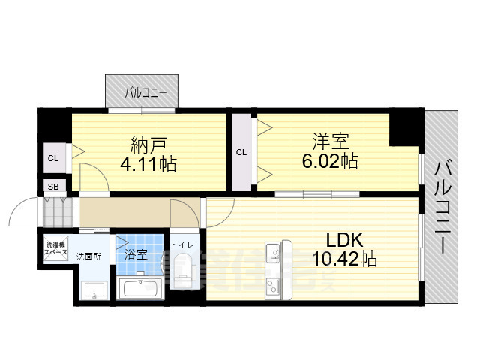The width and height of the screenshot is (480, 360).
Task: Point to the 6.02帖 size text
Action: (x=328, y=160)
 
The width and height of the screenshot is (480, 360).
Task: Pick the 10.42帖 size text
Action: (x=345, y=259)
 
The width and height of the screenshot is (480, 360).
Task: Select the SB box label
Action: (x=53, y=187)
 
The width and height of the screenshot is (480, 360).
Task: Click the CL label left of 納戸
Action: (x=53, y=158)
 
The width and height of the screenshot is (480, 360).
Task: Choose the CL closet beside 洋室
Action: (x=241, y=152)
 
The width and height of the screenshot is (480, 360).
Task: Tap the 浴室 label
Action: (x=136, y=254)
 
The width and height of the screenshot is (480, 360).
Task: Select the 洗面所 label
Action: (x=89, y=256)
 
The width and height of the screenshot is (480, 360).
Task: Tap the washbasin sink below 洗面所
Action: (x=94, y=289)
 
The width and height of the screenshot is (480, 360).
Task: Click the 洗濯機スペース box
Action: (x=56, y=248)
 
